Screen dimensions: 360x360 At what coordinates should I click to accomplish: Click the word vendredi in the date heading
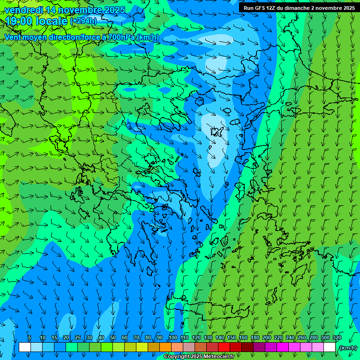pyautogui.click(x=22, y=10)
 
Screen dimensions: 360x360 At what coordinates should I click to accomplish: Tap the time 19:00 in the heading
pyautogui.click(x=18, y=21)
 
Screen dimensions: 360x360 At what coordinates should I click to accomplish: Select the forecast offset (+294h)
pyautogui.click(x=83, y=21)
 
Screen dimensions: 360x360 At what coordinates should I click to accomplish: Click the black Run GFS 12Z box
pyautogui.click(x=299, y=7)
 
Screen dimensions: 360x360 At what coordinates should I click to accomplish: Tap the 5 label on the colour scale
pyautogui.click(x=30, y=337)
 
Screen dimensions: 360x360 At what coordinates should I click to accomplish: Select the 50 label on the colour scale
pyautogui.click(x=112, y=337)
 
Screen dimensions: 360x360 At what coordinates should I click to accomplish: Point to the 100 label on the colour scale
pyautogui.click(x=173, y=337)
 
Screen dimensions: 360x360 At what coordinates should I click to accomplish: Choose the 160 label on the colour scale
pyautogui.click(x=243, y=337)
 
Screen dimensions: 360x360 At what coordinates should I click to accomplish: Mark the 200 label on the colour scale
pyautogui.click(x=267, y=337)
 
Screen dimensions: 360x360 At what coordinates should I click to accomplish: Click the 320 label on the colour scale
pyautogui.click(x=337, y=337)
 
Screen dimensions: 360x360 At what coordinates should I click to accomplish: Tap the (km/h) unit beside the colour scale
pyautogui.click(x=348, y=347)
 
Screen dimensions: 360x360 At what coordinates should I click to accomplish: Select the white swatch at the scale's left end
pyautogui.click(x=25, y=347)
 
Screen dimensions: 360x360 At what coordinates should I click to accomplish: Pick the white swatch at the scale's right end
pyautogui.click(x=330, y=347)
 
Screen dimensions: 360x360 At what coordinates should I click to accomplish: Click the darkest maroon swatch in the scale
pyautogui.click(x=247, y=347)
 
